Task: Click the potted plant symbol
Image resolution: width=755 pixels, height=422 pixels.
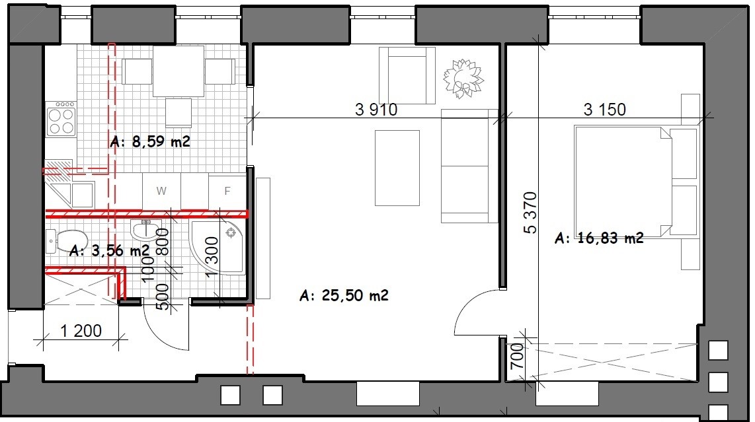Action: [463, 79]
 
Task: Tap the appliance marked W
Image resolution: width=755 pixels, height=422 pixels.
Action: [161, 191]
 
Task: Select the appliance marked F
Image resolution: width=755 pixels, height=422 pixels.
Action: [227, 191]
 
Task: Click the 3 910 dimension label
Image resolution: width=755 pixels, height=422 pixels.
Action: [376, 110]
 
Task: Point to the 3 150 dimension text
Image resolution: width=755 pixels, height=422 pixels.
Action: [605, 110]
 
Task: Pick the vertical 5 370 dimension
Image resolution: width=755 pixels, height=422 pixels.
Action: [530, 213]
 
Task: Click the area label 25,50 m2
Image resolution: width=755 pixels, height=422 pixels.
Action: [344, 295]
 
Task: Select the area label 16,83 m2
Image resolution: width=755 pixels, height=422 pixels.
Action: [599, 238]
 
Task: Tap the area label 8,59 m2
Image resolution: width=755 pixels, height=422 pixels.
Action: [150, 141]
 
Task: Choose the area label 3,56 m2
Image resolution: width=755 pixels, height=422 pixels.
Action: [109, 250]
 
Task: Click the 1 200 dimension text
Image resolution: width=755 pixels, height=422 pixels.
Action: [81, 331]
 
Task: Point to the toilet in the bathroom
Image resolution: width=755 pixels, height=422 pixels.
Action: [67, 241]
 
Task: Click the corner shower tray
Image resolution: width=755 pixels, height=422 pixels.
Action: [218, 248]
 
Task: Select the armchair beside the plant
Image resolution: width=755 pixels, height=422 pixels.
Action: [407, 75]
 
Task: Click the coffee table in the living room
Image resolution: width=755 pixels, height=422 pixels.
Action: [397, 168]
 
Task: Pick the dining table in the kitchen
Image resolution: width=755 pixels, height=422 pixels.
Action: [178, 71]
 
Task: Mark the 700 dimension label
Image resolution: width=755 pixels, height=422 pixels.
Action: [516, 356]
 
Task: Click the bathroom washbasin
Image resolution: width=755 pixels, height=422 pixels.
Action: [146, 230]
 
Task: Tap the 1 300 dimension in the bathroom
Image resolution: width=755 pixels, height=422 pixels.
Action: [212, 257]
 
